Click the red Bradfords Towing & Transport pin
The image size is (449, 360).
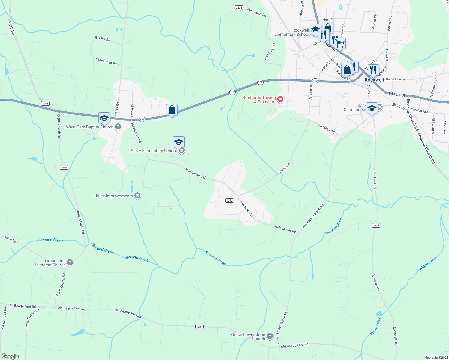coord(280,99)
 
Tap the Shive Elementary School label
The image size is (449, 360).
coord(154,151)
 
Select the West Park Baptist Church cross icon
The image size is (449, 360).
coord(118,127)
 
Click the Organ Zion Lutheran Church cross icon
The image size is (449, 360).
coord(70,262)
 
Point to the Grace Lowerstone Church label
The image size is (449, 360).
coord(248,337)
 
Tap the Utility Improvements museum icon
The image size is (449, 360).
coord(137,196)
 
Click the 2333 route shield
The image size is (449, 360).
coord(230,201)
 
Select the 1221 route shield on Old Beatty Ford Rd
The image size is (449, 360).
coord(200,327)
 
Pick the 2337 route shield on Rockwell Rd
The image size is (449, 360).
coord(376,226)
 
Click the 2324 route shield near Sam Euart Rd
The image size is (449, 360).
coord(239,8)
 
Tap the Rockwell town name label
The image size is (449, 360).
coord(374,80)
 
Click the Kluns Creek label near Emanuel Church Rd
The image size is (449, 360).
coord(429,263)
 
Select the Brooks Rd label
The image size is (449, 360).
coord(103,39)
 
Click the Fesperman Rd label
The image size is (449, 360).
coord(106,61)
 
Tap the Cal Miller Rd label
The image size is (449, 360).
coord(326,128)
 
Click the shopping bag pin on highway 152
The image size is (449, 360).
coord(172,110)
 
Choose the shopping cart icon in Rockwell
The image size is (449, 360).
coord(340,43)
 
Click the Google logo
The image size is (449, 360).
coord(10,356)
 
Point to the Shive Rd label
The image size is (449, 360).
coord(10,239)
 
